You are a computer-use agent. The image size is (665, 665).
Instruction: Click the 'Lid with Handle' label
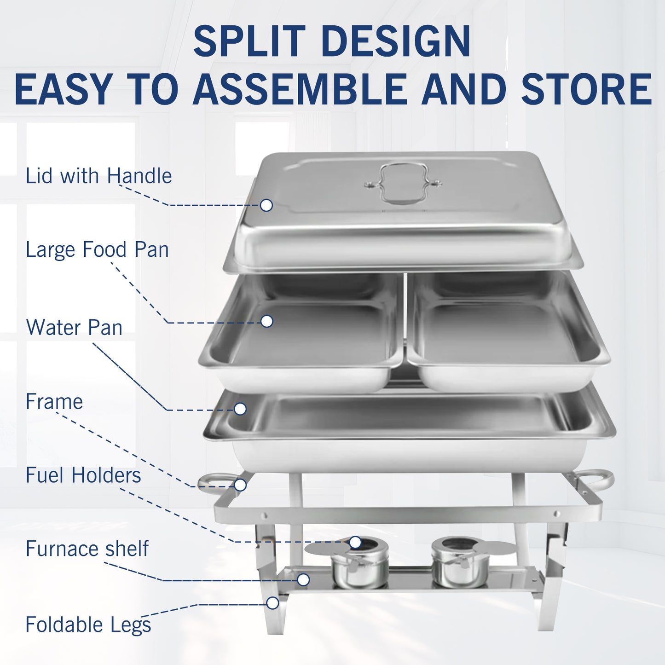(98, 176)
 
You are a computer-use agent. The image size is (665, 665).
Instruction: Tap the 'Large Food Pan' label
(97, 249)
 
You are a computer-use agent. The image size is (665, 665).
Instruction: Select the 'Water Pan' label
(74, 327)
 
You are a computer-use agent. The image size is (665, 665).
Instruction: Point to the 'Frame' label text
(54, 401)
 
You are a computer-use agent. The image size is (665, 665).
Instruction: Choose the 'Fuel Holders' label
(83, 475)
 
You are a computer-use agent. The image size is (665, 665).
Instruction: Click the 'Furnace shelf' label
(87, 549)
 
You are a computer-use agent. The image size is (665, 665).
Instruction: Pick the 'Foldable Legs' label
(88, 625)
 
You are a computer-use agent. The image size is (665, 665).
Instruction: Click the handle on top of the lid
(403, 184)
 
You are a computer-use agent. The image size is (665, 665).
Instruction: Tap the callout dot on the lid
(266, 205)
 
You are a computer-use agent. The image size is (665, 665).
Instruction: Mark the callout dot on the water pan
(240, 409)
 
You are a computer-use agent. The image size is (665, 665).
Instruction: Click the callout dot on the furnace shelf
(303, 580)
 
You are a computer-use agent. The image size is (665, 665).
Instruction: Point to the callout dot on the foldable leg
(272, 603)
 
